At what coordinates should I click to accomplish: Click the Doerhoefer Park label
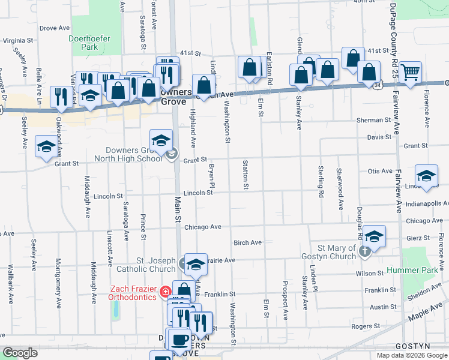[x=83, y=41]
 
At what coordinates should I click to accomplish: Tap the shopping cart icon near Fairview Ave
[x=411, y=72]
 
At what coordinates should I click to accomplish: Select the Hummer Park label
[x=421, y=271]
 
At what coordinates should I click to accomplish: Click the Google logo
[x=20, y=353]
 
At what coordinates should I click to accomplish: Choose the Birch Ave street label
[x=247, y=242]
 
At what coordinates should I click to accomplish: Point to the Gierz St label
[x=418, y=238]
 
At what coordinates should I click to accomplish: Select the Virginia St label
[x=18, y=41]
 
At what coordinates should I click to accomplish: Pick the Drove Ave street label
[x=55, y=28]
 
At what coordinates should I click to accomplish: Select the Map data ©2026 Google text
[x=412, y=355]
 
